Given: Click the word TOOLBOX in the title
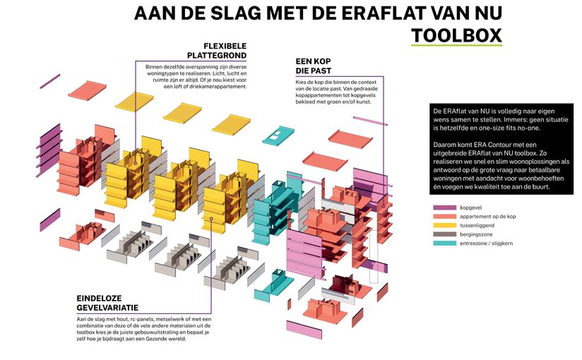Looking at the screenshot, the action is [456, 35].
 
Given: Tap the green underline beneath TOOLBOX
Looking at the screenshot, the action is [456, 47].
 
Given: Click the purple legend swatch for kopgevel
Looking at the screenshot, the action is [444, 208].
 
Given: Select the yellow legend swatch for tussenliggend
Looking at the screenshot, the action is [444, 226].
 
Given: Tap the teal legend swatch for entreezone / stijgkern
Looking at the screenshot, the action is [444, 244].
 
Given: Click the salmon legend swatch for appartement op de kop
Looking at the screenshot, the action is [444, 217].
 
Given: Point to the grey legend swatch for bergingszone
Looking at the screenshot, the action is [444, 234].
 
